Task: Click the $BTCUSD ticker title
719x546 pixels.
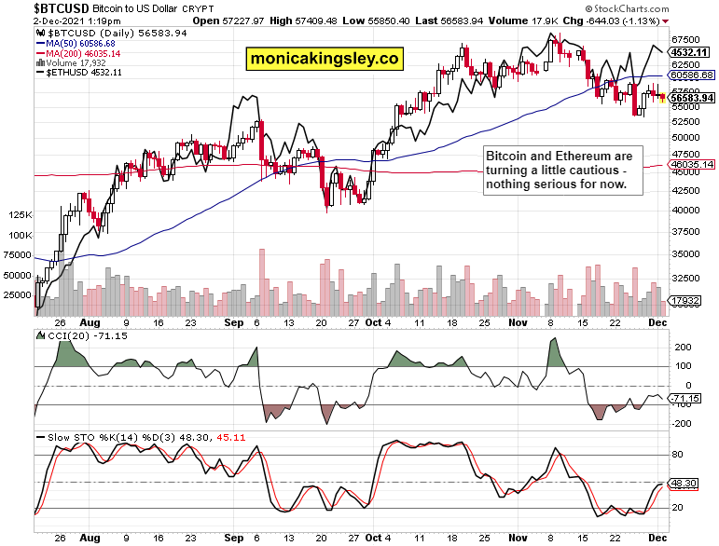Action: [x=35, y=7]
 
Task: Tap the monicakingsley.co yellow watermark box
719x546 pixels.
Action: [x=324, y=59]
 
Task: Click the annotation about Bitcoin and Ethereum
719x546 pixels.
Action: [x=562, y=170]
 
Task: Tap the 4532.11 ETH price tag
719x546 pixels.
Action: [x=692, y=52]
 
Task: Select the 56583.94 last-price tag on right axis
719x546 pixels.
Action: [x=692, y=97]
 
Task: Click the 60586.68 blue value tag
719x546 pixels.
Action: [x=692, y=75]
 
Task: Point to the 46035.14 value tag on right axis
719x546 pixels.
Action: [x=692, y=164]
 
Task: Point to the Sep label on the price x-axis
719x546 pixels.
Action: [x=234, y=321]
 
